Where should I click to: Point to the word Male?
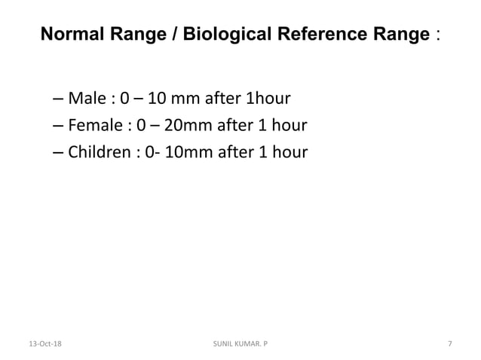84,99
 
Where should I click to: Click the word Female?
93,126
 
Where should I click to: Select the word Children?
98,153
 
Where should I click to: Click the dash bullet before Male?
60,99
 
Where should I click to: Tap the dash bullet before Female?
60,126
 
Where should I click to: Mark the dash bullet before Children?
60,153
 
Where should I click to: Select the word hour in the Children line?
290,153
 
